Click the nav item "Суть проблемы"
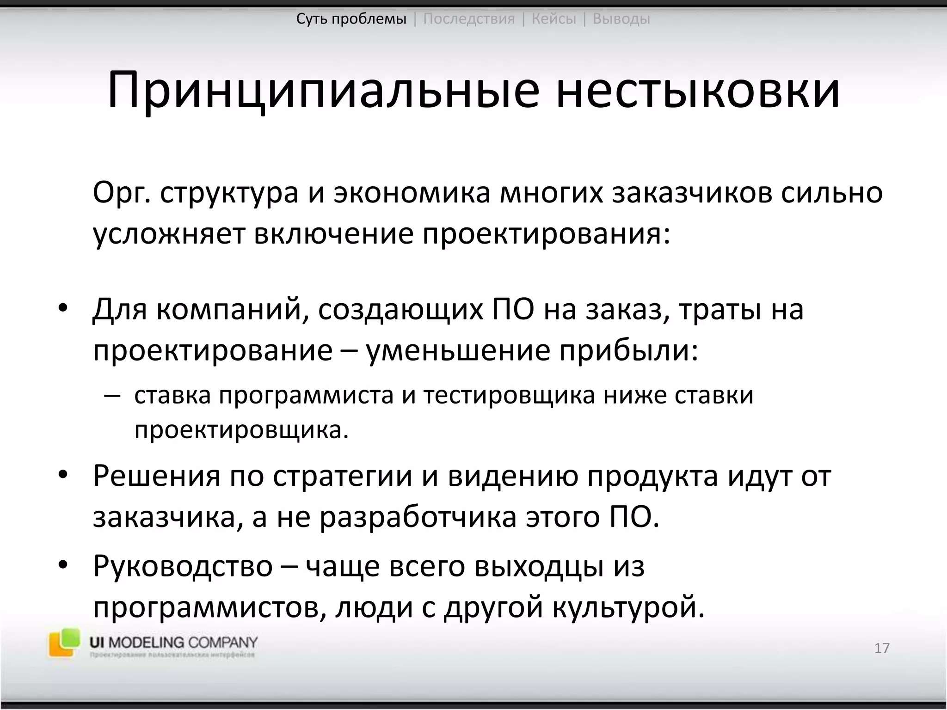pos(351,19)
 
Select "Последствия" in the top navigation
pos(469,19)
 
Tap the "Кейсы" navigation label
pos(553,19)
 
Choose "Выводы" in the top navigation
pos(621,19)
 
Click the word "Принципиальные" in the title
pos(323,91)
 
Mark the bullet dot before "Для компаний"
pos(63,308)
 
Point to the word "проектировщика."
pos(241,430)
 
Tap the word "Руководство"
pos(183,566)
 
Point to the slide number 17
pos(882,648)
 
